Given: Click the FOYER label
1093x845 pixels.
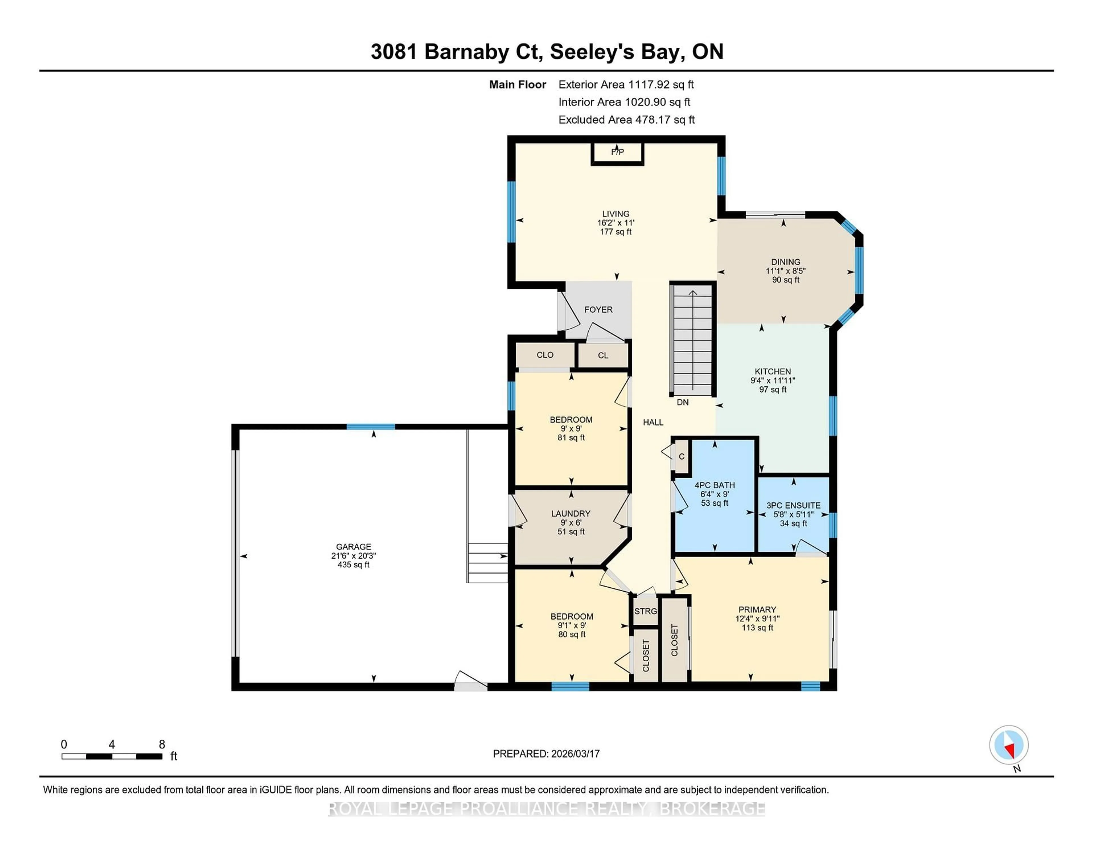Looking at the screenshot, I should [598, 310].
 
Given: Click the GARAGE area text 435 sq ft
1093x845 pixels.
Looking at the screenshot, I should [353, 565].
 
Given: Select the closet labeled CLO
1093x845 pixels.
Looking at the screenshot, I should [545, 355].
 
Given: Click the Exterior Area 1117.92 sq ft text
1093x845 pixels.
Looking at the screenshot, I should [626, 85].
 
